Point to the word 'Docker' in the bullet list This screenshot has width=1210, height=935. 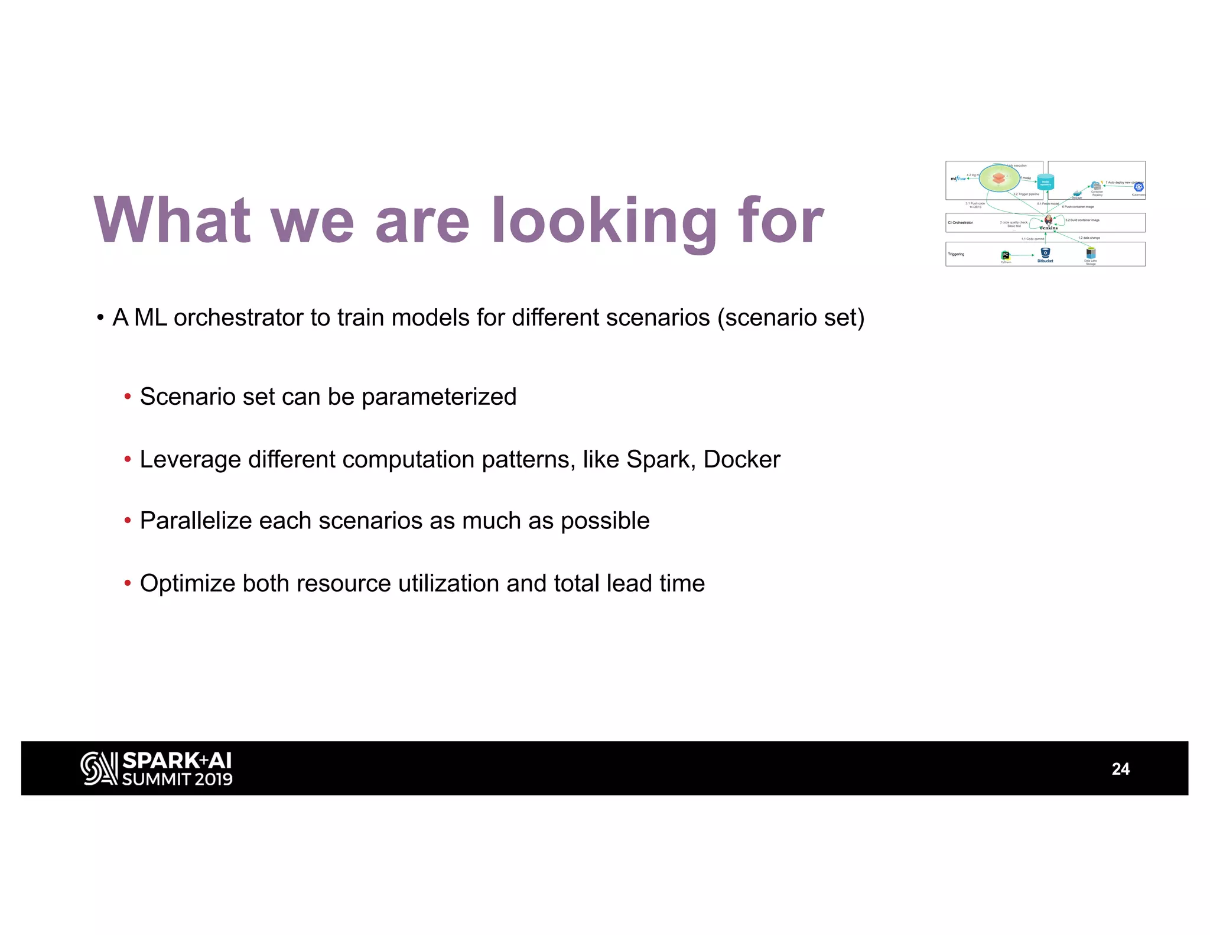pyautogui.click(x=741, y=460)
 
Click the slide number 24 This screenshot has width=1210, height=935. pyautogui.click(x=1120, y=769)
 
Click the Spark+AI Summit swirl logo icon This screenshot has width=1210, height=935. pyautogui.click(x=99, y=768)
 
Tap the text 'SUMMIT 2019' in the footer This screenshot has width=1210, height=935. pyautogui.click(x=177, y=780)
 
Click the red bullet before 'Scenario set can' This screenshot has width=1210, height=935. pyautogui.click(x=128, y=397)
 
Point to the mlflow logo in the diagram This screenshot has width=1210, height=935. pyautogui.click(x=958, y=178)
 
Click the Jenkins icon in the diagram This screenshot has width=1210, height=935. pyautogui.click(x=1048, y=221)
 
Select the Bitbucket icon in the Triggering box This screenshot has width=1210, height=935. pyautogui.click(x=1045, y=253)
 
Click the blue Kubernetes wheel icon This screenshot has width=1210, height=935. pyautogui.click(x=1139, y=187)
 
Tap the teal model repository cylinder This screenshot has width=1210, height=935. pyautogui.click(x=1045, y=182)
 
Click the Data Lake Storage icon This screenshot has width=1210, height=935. pyautogui.click(x=1091, y=253)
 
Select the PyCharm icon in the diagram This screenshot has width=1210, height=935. pyautogui.click(x=1006, y=255)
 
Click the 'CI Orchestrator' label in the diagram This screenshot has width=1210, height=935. pyautogui.click(x=960, y=223)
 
